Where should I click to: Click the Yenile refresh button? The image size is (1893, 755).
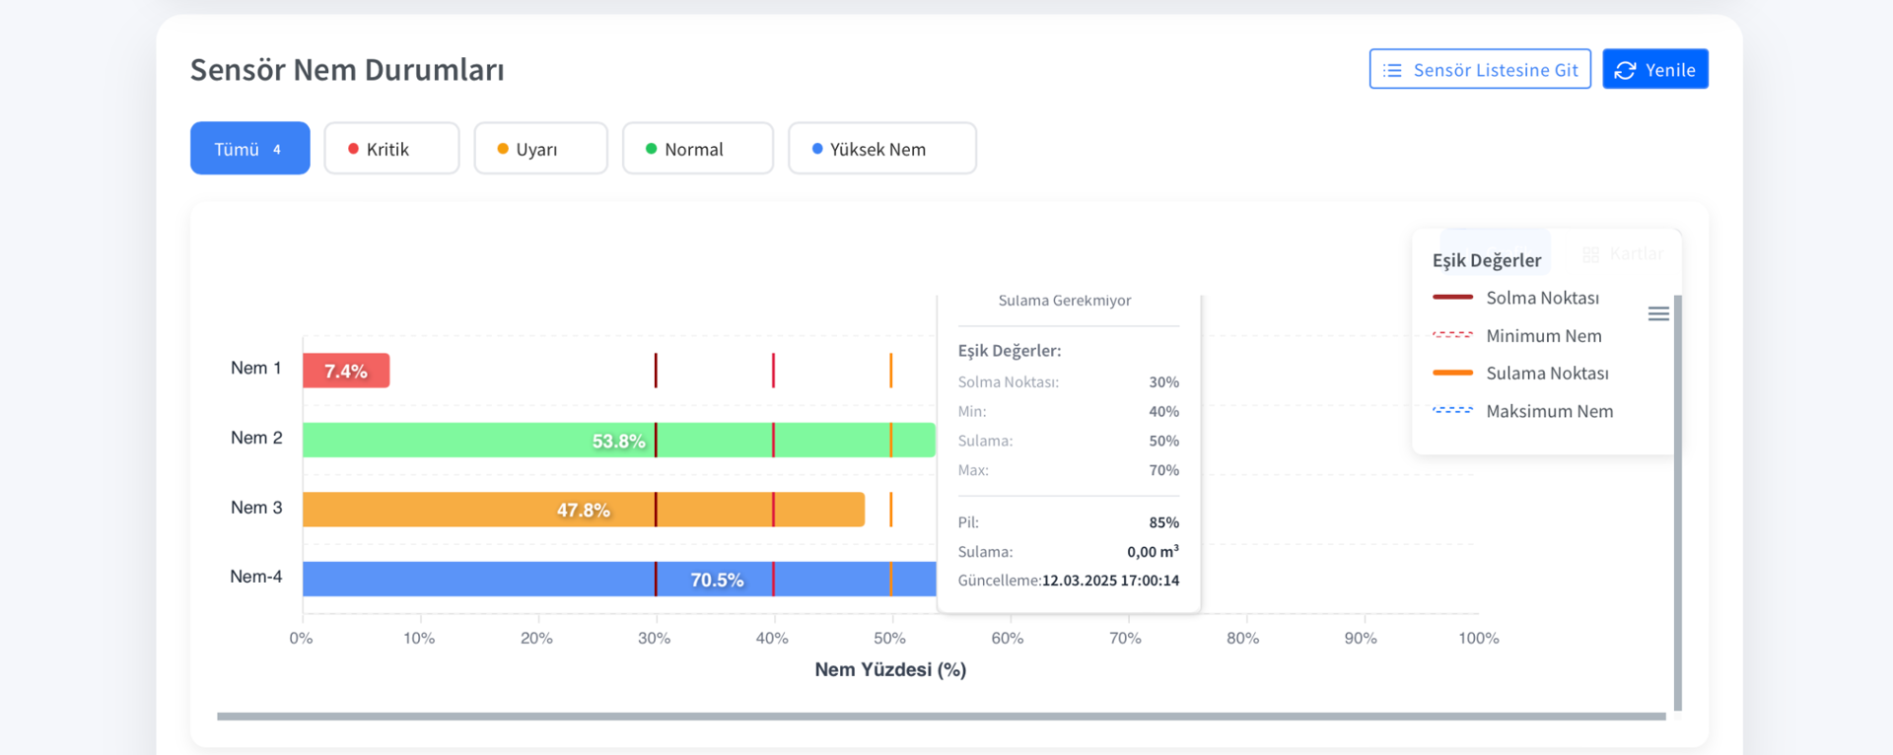tap(1654, 69)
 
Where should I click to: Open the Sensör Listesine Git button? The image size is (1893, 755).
tap(1479, 69)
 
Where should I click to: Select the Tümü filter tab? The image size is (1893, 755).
tap(249, 149)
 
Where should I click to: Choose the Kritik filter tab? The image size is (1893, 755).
tap(391, 149)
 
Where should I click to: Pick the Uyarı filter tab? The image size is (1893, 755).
tap(540, 149)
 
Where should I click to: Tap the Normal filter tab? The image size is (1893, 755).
tap(697, 149)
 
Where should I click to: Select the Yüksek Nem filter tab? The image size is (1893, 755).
tap(881, 149)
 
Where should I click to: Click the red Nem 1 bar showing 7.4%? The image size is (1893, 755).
tap(346, 371)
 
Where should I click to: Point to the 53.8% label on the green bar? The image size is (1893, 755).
tap(618, 441)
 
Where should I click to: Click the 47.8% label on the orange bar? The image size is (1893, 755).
tap(583, 510)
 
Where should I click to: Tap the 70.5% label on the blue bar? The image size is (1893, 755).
tap(717, 580)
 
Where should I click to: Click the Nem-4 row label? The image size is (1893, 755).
tap(256, 577)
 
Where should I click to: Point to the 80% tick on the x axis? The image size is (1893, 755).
tap(1242, 639)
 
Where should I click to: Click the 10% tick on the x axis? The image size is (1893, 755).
tap(419, 639)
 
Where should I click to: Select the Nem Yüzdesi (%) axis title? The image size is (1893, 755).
tap(890, 670)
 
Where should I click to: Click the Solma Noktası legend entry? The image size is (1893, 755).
tap(1542, 298)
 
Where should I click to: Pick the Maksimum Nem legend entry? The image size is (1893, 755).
tap(1549, 411)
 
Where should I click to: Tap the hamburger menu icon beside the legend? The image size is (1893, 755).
tap(1658, 313)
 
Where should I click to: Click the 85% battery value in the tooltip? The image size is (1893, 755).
tap(1163, 522)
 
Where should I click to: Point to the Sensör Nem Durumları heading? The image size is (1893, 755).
tap(347, 70)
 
